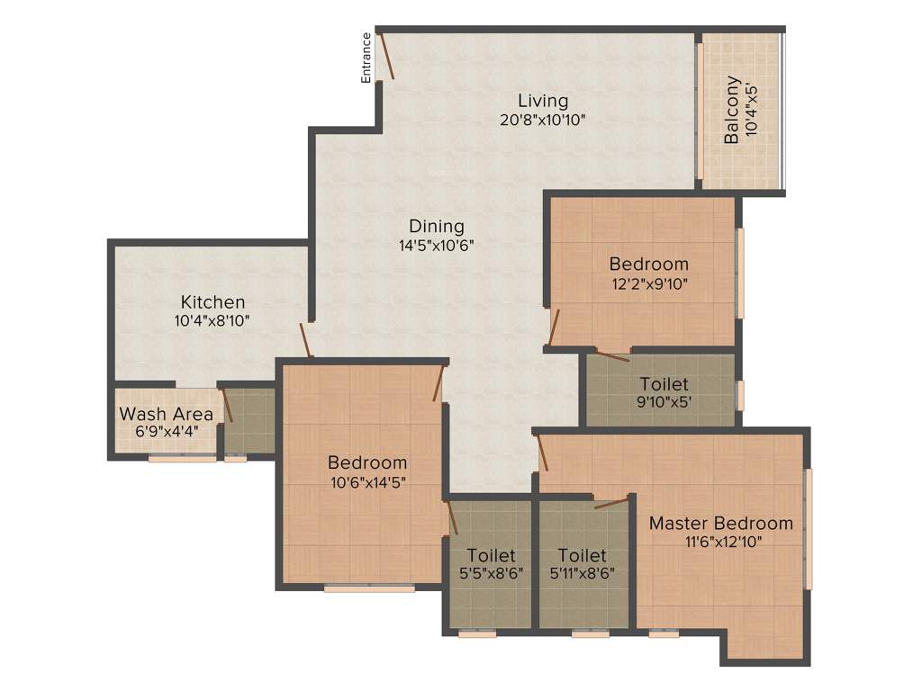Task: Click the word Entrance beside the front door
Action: point(366,58)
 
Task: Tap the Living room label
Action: point(543,100)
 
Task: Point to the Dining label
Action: point(437,226)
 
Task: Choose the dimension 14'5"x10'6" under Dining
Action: point(437,245)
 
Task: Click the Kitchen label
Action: point(212,301)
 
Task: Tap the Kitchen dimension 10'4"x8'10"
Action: point(212,320)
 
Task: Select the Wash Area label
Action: point(167,414)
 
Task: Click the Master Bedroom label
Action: point(721,523)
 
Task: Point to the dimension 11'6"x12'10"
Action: point(721,542)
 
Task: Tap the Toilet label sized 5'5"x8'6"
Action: point(491,555)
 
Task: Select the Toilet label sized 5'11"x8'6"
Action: point(582,555)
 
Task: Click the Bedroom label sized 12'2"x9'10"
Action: point(648,264)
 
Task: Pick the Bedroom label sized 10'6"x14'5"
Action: point(367,462)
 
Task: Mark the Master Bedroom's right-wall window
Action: point(809,528)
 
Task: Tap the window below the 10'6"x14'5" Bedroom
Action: point(369,588)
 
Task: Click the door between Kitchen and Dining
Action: point(306,339)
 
